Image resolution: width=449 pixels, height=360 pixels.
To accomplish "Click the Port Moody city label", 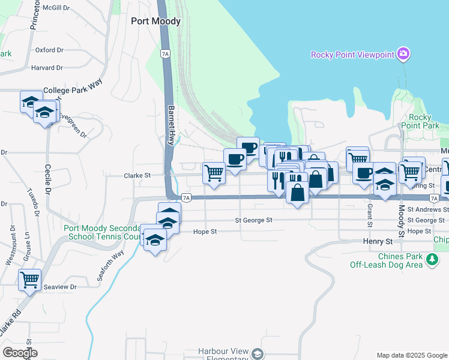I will click(155, 21).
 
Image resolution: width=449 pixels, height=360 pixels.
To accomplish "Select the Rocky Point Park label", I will click(424, 121).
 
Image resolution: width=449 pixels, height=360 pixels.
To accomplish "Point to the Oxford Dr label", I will click(49, 50).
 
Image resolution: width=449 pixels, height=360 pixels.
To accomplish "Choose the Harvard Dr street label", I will click(48, 68).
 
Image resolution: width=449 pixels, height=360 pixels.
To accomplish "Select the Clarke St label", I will click(137, 176).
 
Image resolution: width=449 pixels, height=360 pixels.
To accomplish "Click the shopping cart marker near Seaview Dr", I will click(29, 280).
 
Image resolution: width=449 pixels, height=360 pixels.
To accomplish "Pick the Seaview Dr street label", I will click(61, 287).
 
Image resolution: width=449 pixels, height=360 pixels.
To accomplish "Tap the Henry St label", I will click(378, 241).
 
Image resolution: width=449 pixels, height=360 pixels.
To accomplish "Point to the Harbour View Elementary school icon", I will click(258, 354).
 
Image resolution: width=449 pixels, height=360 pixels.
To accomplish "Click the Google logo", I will click(20, 352).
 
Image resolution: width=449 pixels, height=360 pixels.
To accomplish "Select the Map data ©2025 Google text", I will click(411, 355).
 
